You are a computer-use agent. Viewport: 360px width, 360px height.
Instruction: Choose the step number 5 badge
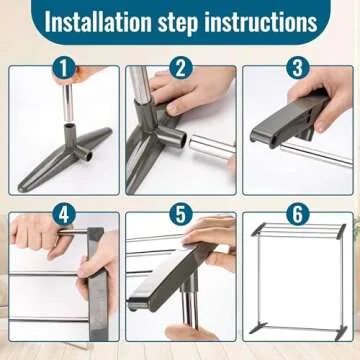(180, 213)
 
